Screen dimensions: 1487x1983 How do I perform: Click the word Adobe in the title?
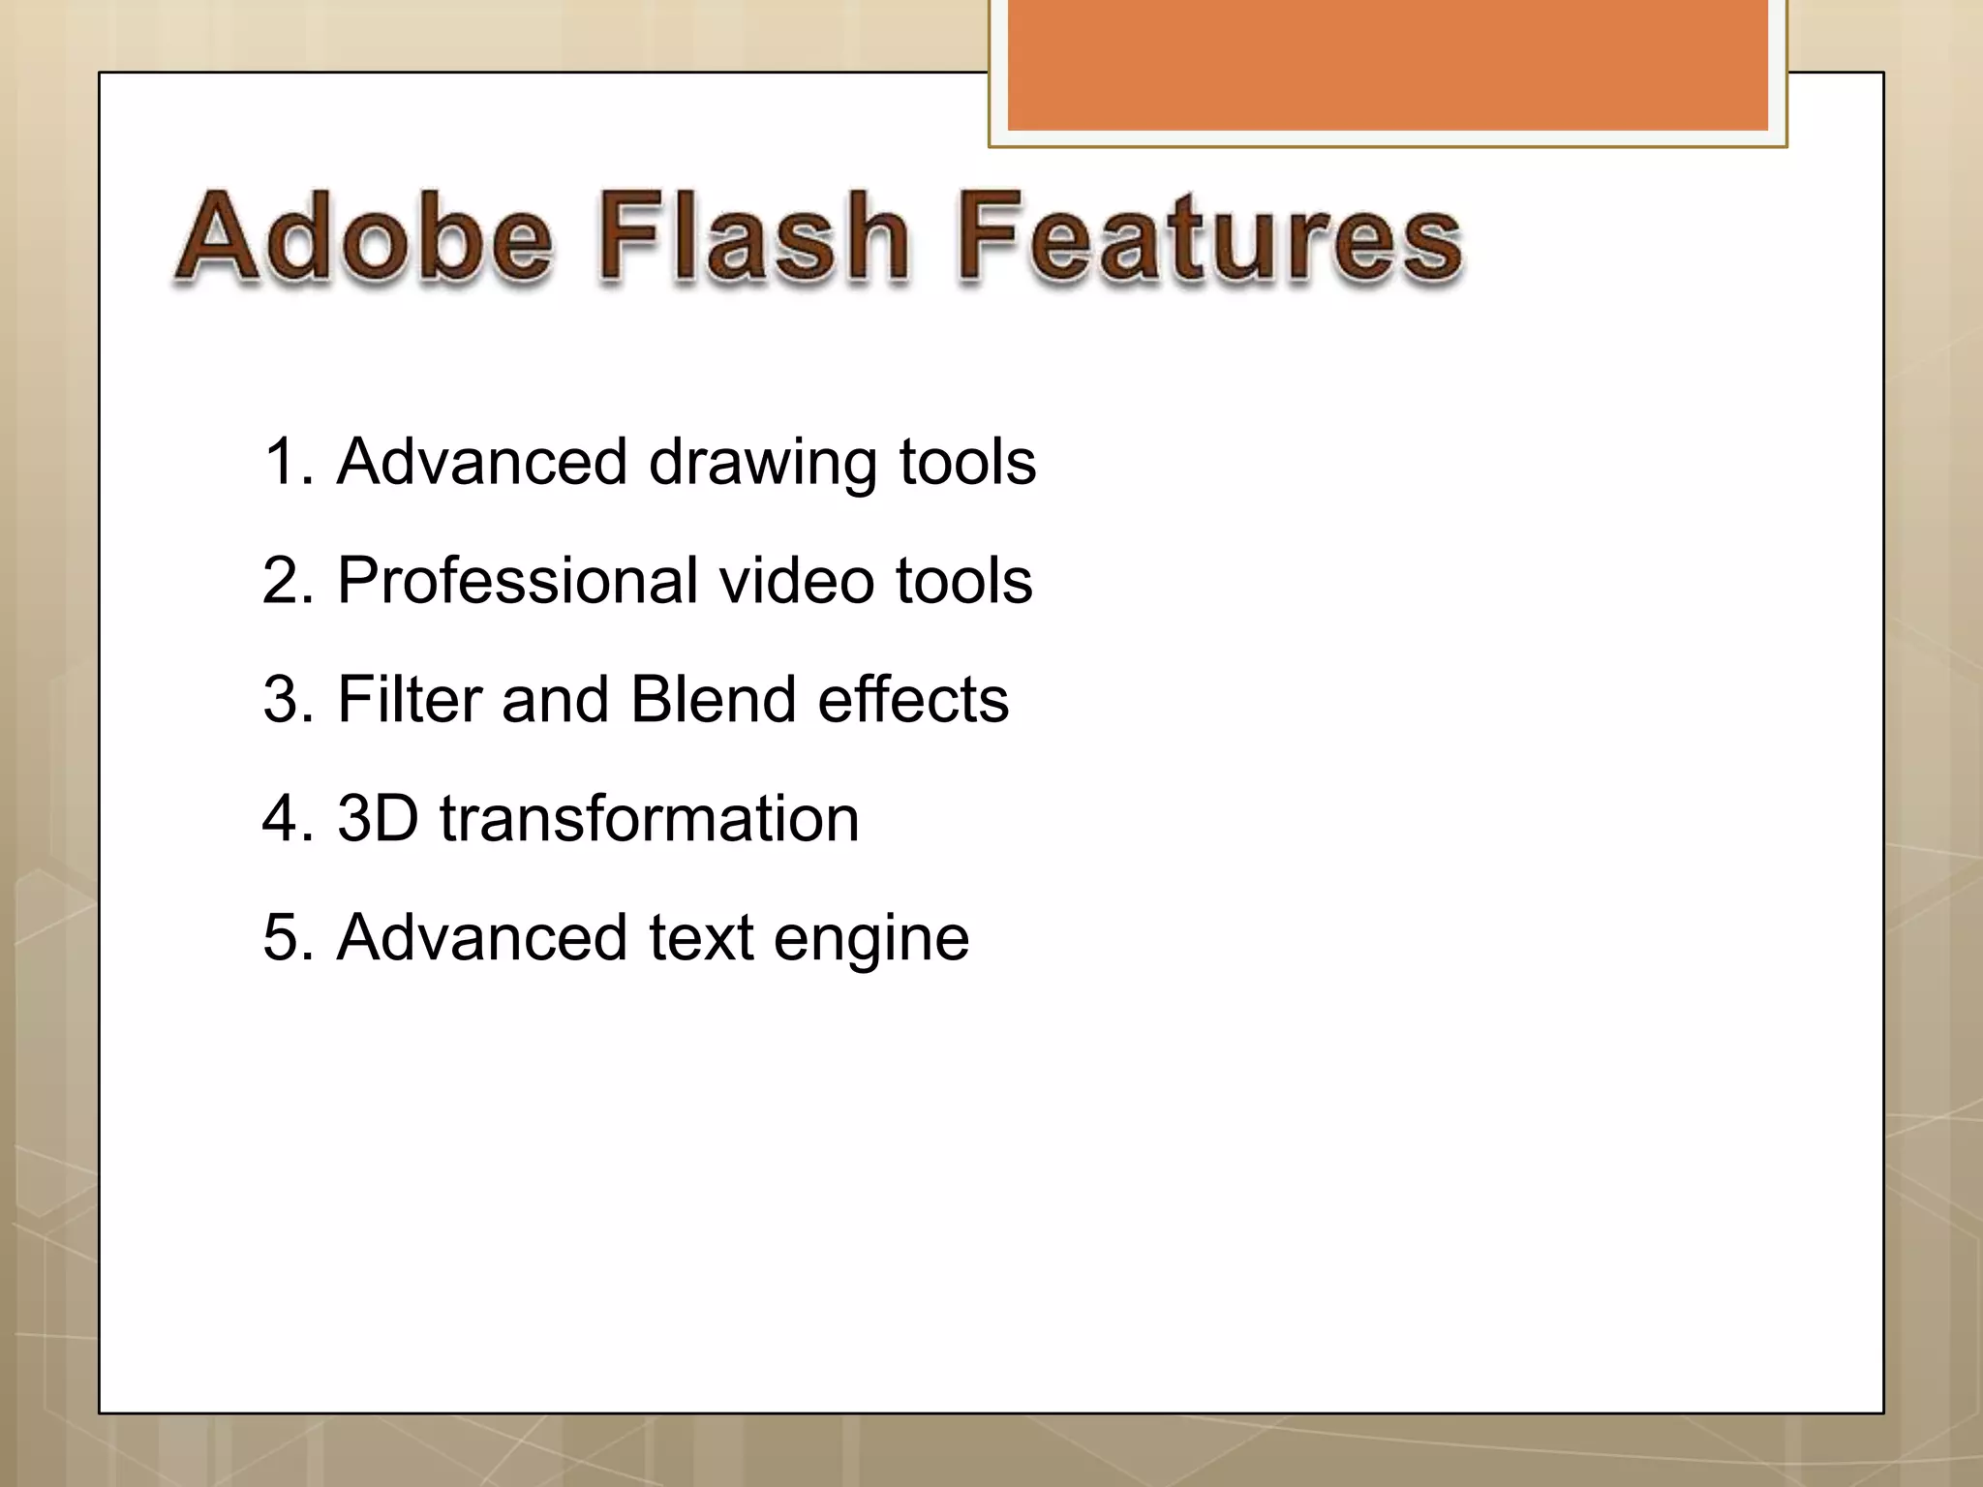364,237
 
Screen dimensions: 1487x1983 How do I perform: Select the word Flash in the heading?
753,237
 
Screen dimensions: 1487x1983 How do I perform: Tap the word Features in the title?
1210,237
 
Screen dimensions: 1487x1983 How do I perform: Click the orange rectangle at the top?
1388,66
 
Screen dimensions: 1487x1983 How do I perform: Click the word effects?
912,699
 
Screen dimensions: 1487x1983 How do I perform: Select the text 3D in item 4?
378,818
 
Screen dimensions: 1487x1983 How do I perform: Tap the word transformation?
649,818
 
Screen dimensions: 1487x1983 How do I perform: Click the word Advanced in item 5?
482,937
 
